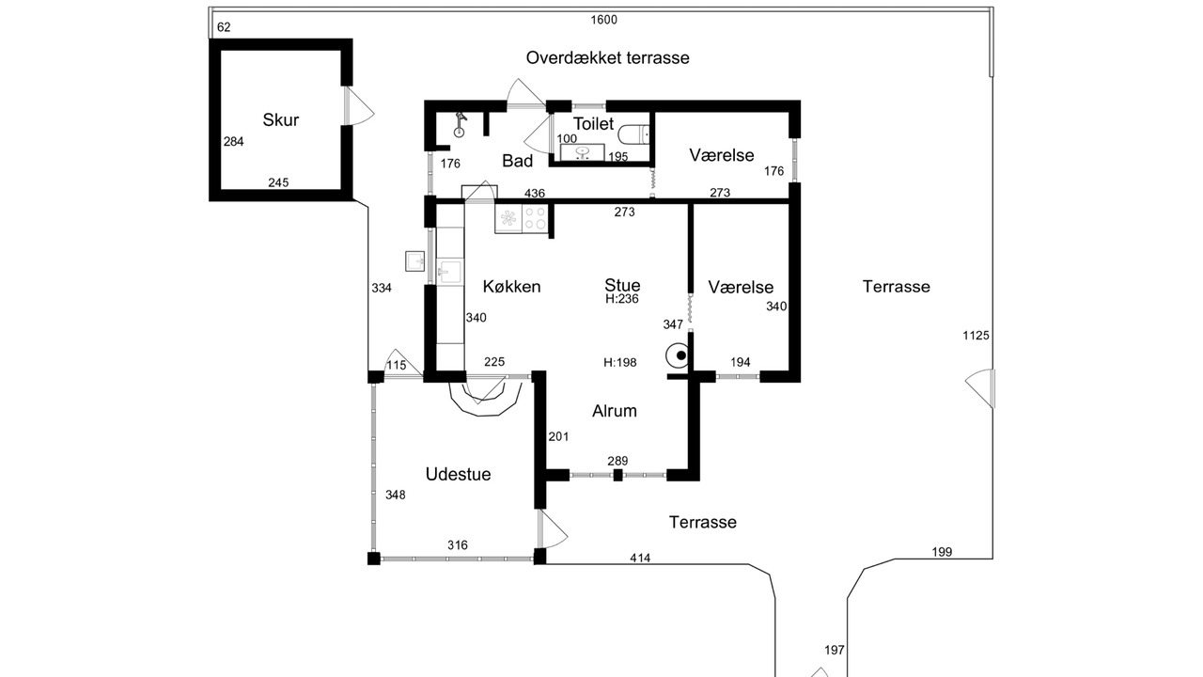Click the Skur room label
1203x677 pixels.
click(x=281, y=119)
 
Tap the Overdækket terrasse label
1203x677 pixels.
click(x=607, y=57)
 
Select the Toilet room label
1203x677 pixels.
click(x=593, y=124)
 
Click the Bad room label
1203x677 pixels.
click(x=517, y=161)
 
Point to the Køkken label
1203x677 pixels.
click(x=511, y=287)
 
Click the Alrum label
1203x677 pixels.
click(x=615, y=411)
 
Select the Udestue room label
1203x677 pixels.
click(x=458, y=474)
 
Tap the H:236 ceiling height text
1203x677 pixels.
click(x=622, y=300)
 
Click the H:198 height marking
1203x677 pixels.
click(x=620, y=362)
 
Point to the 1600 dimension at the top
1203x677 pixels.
click(x=603, y=20)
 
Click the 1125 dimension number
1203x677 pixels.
click(x=976, y=336)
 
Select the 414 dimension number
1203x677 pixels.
click(x=640, y=559)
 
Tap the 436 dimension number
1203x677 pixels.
click(x=534, y=193)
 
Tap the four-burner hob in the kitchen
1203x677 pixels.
click(x=535, y=218)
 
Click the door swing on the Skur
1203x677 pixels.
click(x=360, y=105)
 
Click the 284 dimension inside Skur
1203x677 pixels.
click(x=234, y=142)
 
